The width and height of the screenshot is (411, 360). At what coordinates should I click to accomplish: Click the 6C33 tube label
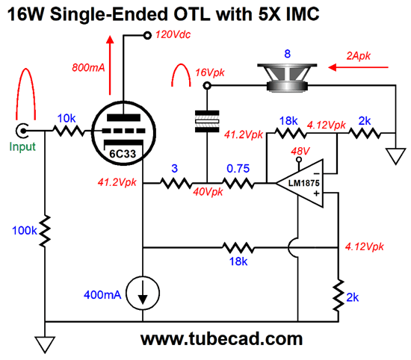pyautogui.click(x=123, y=154)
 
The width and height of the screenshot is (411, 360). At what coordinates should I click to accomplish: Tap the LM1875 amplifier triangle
pyautogui.click(x=301, y=183)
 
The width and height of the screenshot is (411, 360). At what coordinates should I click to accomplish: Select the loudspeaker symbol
pyautogui.click(x=287, y=78)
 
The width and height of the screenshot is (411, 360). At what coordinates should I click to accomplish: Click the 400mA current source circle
pyautogui.click(x=143, y=293)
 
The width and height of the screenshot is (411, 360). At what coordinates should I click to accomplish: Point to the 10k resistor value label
pyautogui.click(x=67, y=119)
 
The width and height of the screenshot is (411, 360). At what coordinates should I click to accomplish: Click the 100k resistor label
pyautogui.click(x=25, y=231)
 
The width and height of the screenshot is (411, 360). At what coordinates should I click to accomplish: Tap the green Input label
pyautogui.click(x=22, y=146)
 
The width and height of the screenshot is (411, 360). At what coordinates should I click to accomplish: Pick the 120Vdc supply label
pyautogui.click(x=173, y=34)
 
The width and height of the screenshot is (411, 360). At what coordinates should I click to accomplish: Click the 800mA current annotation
pyautogui.click(x=88, y=68)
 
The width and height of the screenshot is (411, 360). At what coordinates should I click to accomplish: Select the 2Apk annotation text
pyautogui.click(x=358, y=56)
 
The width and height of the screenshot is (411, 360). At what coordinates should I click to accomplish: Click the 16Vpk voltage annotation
pyautogui.click(x=210, y=72)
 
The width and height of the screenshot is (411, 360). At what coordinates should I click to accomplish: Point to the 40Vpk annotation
pyautogui.click(x=208, y=192)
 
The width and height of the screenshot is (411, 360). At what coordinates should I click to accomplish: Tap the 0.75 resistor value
pyautogui.click(x=238, y=169)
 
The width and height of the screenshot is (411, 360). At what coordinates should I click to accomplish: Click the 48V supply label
pyautogui.click(x=300, y=151)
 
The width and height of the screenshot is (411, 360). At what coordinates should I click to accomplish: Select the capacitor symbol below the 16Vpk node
pyautogui.click(x=207, y=121)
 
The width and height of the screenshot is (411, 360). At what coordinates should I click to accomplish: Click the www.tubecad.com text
pyautogui.click(x=221, y=339)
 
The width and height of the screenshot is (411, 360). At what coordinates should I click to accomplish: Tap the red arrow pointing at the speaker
pyautogui.click(x=358, y=68)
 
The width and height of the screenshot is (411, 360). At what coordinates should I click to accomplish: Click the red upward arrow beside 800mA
pyautogui.click(x=110, y=65)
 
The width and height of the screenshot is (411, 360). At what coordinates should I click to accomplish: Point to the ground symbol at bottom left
pyautogui.click(x=45, y=345)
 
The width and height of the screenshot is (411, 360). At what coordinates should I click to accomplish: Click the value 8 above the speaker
pyautogui.click(x=287, y=54)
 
